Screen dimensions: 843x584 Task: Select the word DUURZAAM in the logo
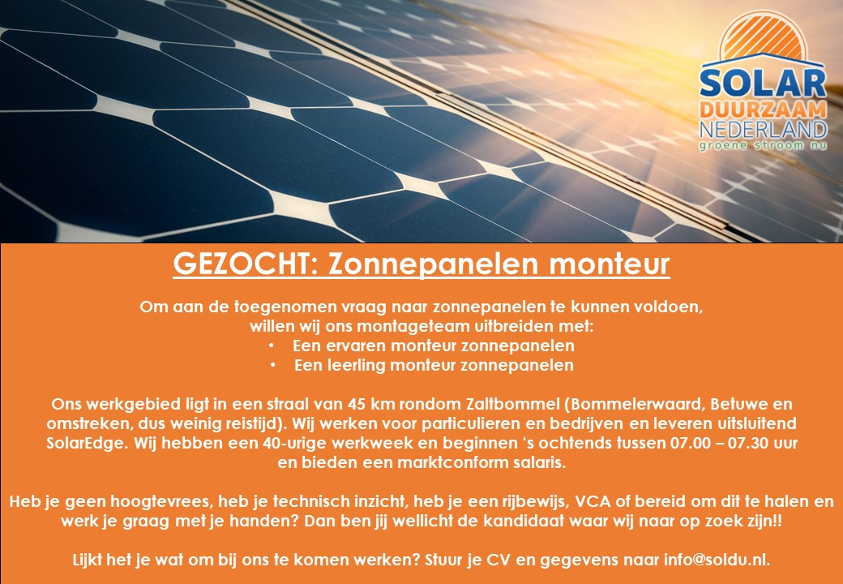pyautogui.click(x=763, y=111)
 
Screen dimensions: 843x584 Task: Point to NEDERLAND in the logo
pyautogui.click(x=763, y=130)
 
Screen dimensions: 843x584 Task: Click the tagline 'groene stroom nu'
pyautogui.click(x=763, y=145)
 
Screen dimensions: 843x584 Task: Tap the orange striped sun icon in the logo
pyautogui.click(x=763, y=36)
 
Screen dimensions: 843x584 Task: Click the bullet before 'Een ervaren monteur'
pyautogui.click(x=273, y=346)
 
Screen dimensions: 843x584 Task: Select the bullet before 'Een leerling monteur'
pyautogui.click(x=273, y=366)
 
